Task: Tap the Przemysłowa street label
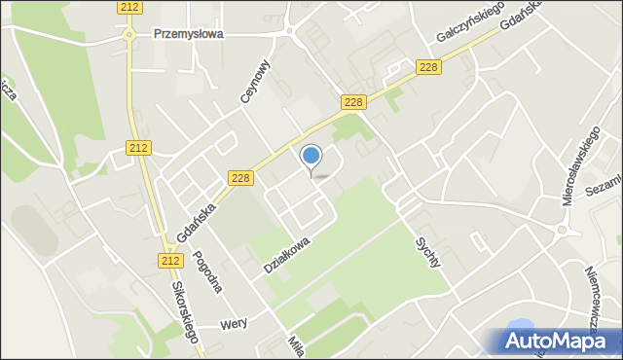click(189, 32)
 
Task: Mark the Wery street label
click(234, 325)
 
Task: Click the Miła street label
click(295, 345)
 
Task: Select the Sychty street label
click(428, 252)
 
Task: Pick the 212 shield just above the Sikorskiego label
click(170, 260)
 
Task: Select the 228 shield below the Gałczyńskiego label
click(427, 66)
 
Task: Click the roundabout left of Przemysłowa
click(128, 33)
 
